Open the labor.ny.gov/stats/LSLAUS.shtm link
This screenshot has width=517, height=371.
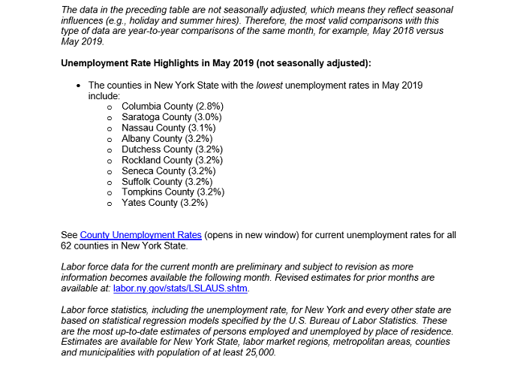tap(180, 288)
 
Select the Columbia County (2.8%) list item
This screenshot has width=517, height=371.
tap(172, 107)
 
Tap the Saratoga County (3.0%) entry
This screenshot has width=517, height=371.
tap(172, 117)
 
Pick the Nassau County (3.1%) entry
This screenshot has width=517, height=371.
tap(168, 128)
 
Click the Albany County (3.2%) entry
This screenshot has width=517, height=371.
tap(167, 139)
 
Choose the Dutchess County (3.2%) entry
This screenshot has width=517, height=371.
tap(172, 149)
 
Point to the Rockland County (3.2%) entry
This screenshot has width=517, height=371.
tap(172, 160)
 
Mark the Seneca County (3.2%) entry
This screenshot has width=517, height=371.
tap(169, 171)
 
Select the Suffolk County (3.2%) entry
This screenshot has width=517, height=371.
tap(167, 182)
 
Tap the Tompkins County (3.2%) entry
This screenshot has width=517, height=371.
tap(173, 192)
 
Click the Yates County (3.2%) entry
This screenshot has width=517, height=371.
tap(164, 203)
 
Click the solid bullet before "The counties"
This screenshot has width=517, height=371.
tap(78, 86)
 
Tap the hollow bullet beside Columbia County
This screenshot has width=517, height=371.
tap(110, 107)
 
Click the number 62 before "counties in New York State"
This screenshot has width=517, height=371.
tap(67, 246)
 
